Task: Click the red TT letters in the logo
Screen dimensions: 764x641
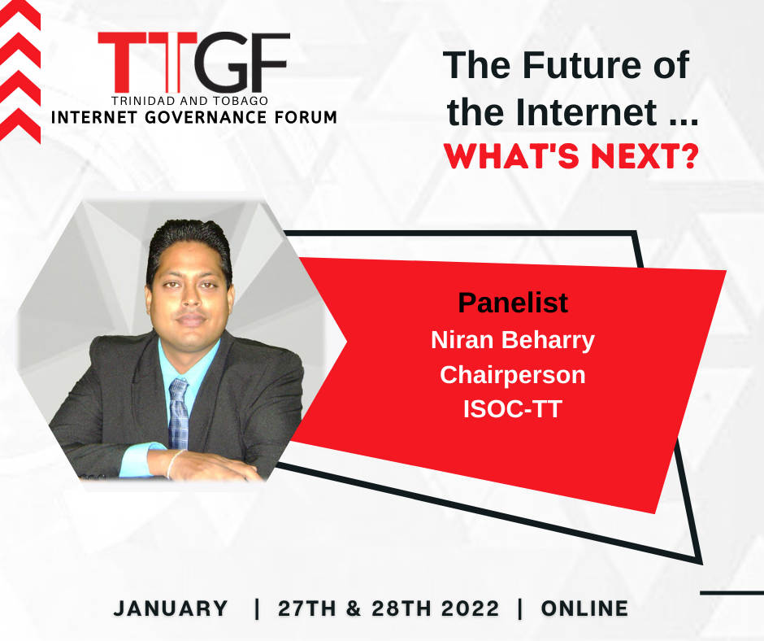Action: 147,62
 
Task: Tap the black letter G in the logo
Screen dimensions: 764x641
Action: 224,62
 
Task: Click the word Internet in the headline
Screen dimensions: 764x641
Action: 587,112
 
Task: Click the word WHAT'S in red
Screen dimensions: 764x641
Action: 511,157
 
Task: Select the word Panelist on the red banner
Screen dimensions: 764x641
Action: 513,303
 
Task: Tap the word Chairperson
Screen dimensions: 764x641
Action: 513,375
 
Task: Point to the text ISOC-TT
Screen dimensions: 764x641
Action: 513,409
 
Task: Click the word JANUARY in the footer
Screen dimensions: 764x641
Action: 171,608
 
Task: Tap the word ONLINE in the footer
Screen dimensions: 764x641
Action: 584,608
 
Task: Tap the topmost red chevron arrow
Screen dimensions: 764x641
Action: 20,14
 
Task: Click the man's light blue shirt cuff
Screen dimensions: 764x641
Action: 144,460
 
